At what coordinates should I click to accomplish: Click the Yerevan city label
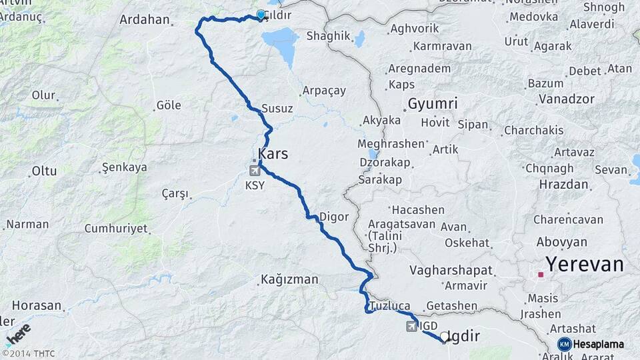pos(585,264)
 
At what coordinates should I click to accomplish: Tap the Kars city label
pos(273,154)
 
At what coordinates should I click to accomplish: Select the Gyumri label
pos(433,104)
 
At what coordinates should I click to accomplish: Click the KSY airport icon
pos(255,171)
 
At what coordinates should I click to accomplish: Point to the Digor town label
pos(334,216)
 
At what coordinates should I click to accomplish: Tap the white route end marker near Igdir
pos(445,337)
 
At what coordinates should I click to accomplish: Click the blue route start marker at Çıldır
pos(261,14)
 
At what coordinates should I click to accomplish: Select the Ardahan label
pos(145,19)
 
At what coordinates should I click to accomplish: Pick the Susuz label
pos(277,108)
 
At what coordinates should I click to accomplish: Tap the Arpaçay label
pos(324,90)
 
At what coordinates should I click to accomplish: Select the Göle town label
pos(168,105)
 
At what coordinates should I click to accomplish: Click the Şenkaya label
pos(124,167)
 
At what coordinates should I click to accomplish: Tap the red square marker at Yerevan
pos(541,274)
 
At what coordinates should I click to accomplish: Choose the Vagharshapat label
pos(451,270)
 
